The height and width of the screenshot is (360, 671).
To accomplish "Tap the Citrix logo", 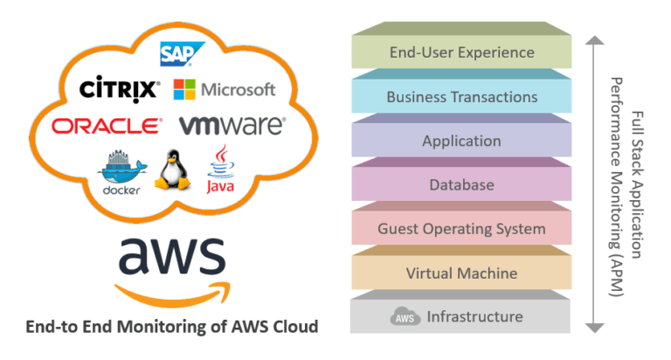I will click(119, 89).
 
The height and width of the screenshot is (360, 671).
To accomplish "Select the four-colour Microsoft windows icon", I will click(184, 89).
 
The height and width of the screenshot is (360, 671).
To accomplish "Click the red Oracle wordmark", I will click(107, 127).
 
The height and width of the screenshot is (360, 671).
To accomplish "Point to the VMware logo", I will click(232, 126).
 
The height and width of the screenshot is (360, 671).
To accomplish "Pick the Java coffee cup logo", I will click(219, 168).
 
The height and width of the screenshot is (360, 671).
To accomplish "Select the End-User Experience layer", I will click(461, 52).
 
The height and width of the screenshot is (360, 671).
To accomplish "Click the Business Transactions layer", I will click(461, 97).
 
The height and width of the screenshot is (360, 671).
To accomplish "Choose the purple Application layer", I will click(461, 141).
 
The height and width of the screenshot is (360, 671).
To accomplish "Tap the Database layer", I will click(461, 185).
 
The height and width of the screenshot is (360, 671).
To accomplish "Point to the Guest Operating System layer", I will click(461, 229).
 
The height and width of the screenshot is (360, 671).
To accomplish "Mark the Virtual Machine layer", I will click(461, 273).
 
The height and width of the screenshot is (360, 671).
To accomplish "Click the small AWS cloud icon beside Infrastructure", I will click(403, 317).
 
